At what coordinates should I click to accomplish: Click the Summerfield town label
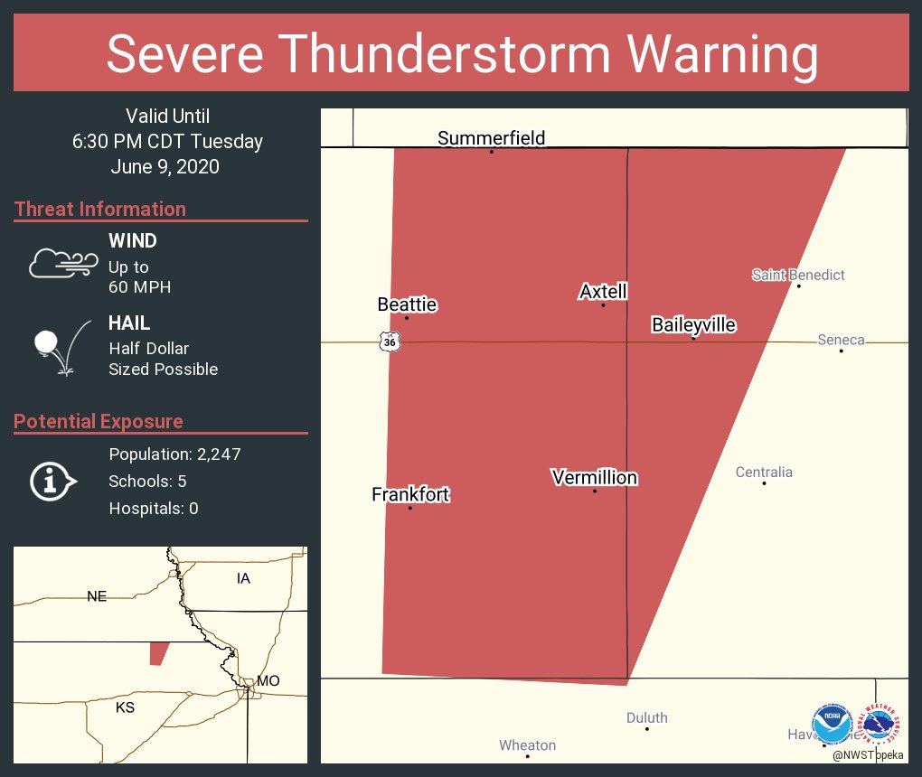491,138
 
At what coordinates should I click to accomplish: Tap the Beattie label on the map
407,304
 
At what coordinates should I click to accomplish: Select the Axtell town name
603,292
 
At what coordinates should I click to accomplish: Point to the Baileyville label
693,325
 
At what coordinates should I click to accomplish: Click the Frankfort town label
410,494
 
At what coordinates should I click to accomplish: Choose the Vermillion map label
595,477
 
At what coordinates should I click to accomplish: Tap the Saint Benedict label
798,275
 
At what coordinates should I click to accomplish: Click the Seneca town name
841,340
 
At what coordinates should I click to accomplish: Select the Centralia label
764,472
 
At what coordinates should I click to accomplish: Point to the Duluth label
647,717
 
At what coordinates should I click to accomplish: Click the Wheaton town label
528,745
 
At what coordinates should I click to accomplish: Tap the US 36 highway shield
389,342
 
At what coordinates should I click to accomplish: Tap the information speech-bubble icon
52,482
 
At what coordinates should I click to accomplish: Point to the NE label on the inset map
97,595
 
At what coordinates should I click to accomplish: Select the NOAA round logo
832,724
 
